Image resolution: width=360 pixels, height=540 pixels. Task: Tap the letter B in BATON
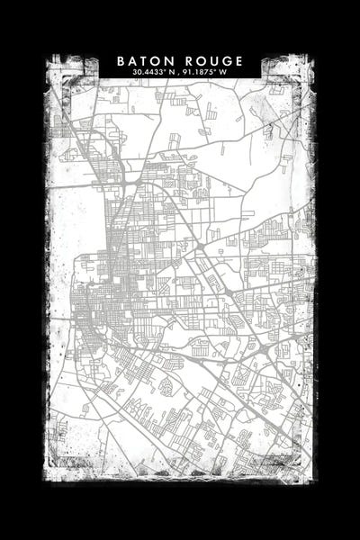click(x=121, y=60)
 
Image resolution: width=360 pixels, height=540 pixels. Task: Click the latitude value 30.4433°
click(x=147, y=71)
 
